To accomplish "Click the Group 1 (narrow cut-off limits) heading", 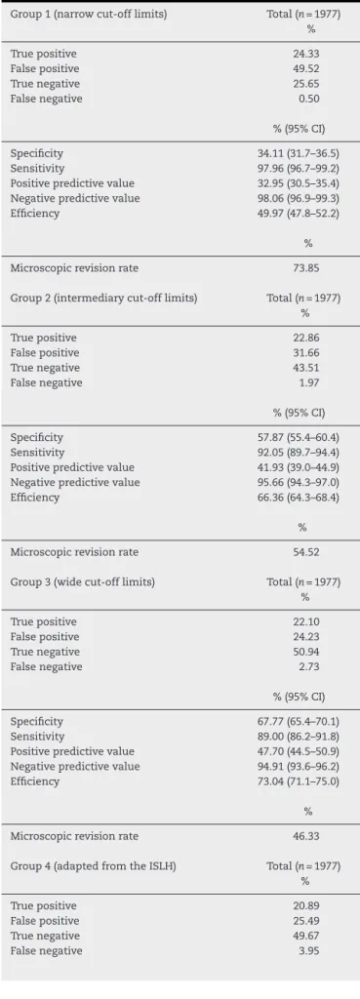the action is pyautogui.click(x=89, y=14).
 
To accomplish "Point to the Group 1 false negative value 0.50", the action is pyautogui.click(x=309, y=99).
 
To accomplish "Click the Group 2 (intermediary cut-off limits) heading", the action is pyautogui.click(x=103, y=299).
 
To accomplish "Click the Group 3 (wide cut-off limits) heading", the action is pyautogui.click(x=83, y=582).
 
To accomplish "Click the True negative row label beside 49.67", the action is pyautogui.click(x=45, y=937).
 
